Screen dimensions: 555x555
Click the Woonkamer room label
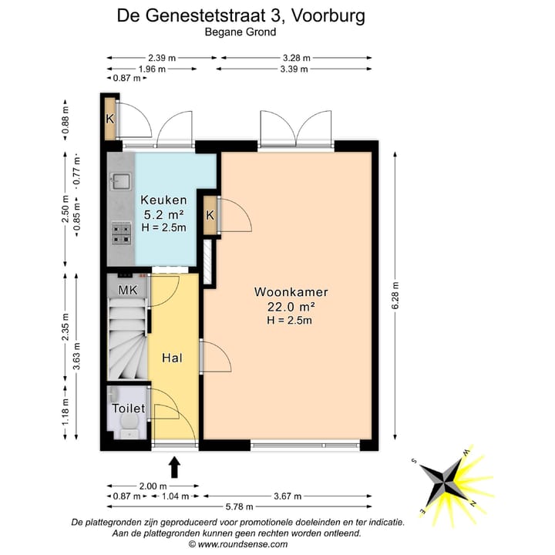291,292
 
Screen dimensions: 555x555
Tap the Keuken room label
163,199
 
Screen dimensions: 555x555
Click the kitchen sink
120,183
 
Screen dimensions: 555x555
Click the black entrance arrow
174,467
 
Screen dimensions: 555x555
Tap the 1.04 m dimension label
177,497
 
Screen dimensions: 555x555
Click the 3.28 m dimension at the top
297,58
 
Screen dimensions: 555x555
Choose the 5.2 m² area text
163,214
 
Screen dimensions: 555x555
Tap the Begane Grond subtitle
240,32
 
